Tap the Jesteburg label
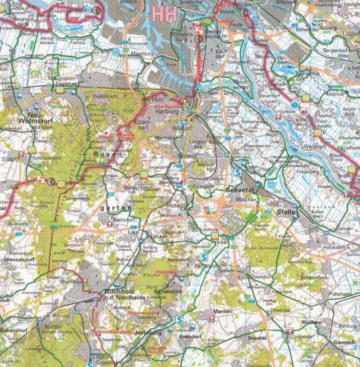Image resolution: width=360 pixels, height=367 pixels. coord(149,332)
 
